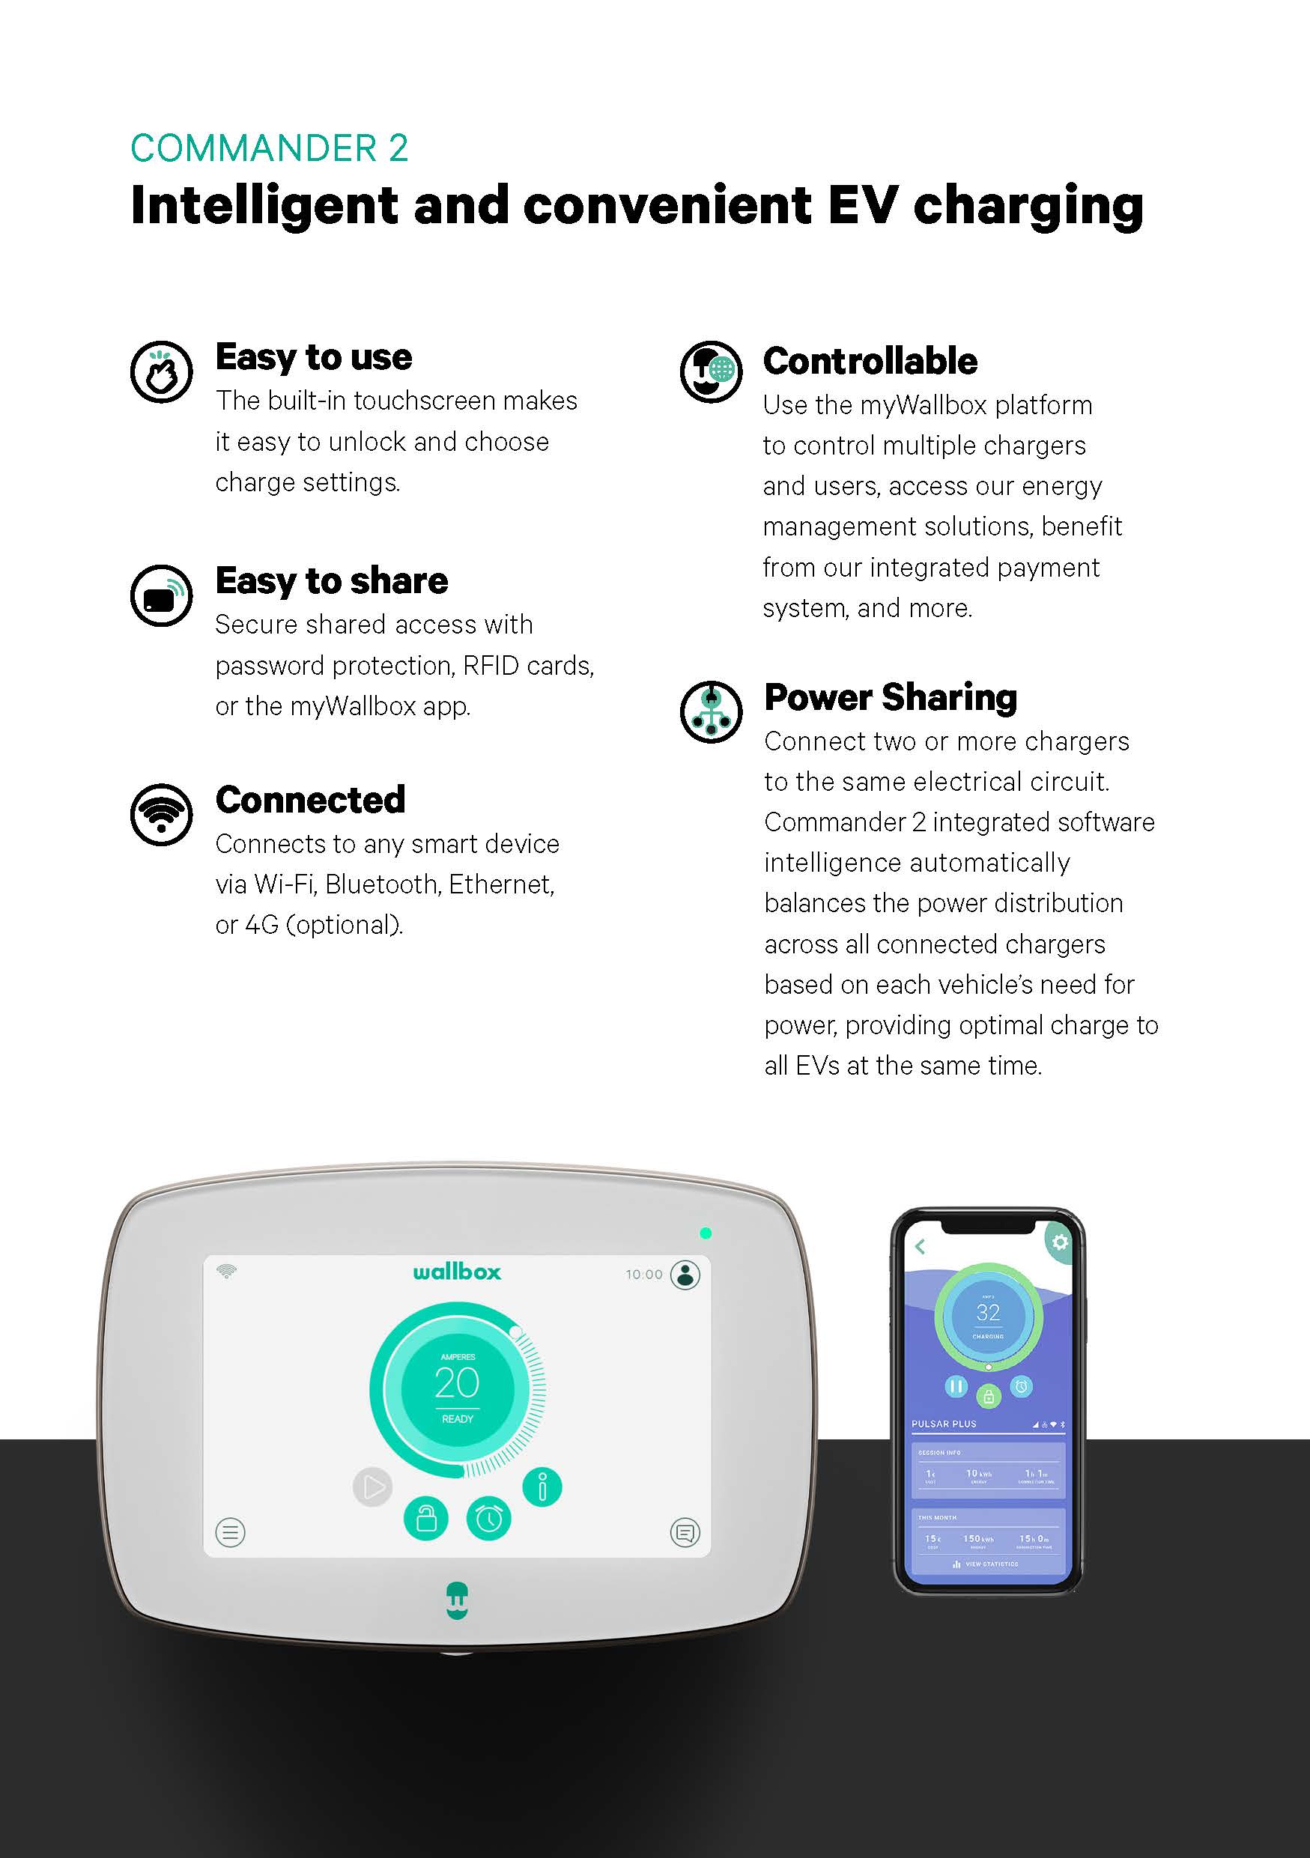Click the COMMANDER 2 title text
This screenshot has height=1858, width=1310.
pos(269,149)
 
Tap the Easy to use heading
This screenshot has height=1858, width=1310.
pos(314,357)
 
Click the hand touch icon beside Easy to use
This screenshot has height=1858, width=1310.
pos(162,371)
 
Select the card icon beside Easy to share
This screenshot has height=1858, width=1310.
pos(162,595)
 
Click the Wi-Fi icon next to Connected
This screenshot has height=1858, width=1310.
pos(162,814)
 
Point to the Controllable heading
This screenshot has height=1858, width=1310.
pos(870,361)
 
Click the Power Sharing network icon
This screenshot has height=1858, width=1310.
pos(711,712)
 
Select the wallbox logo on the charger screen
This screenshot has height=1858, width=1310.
pos(456,1272)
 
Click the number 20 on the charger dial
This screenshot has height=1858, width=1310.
pos(457,1383)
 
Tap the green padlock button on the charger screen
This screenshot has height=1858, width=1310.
pos(425,1519)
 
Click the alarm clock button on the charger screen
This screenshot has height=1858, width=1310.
pos(488,1519)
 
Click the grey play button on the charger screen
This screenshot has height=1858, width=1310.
pos(372,1487)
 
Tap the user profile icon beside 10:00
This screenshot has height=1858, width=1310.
pos(685,1275)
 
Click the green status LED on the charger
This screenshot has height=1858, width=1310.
pos(706,1233)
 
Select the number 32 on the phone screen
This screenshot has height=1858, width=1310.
pos(988,1313)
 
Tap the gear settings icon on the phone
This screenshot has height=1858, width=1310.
pos(1059,1242)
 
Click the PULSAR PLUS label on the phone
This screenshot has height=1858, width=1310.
pos(944,1424)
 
